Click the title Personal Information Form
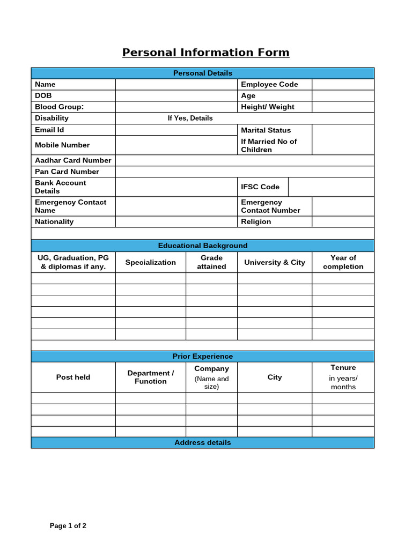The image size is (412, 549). click(205, 53)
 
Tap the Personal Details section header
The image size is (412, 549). click(202, 73)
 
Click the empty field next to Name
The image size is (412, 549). click(176, 84)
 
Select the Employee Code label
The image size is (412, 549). click(269, 84)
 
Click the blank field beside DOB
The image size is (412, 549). click(176, 95)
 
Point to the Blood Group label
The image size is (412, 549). click(60, 107)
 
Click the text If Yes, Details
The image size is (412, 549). click(190, 118)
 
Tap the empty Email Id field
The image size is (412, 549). click(176, 130)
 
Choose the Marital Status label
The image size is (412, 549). click(266, 130)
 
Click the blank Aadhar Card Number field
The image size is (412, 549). click(245, 160)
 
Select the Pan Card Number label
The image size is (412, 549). click(67, 172)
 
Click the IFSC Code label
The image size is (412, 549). click(260, 187)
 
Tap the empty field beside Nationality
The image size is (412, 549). click(176, 221)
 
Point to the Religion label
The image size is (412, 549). click(256, 221)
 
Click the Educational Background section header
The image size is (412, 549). click(202, 246)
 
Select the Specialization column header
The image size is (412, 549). click(150, 262)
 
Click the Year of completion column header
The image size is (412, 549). click(343, 262)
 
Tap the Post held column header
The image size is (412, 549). click(73, 377)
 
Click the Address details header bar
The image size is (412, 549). click(202, 442)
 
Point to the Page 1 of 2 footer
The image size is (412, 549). click(68, 526)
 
